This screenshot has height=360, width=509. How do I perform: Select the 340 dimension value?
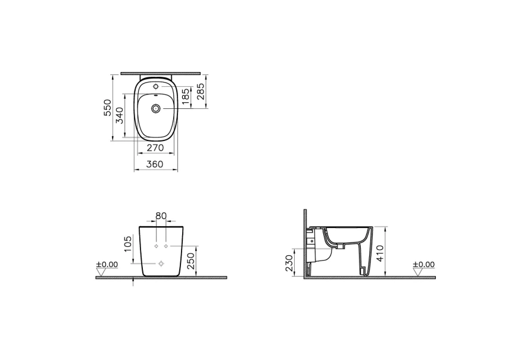[120, 115]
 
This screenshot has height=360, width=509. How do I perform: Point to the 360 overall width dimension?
[155, 165]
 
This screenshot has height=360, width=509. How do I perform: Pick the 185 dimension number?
[186, 96]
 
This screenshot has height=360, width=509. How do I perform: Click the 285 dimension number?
[201, 92]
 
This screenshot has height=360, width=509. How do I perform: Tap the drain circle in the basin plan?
[156, 108]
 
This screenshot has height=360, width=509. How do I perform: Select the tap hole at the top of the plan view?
[156, 87]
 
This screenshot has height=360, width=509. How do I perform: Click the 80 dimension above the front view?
[161, 215]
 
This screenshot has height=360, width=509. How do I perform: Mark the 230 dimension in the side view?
[289, 262]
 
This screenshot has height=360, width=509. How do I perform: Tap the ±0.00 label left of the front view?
[108, 264]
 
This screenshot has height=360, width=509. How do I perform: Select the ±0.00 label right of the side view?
[424, 264]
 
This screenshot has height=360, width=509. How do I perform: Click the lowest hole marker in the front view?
[161, 263]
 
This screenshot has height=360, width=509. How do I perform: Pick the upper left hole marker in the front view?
[155, 245]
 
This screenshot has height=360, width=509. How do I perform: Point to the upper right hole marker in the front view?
[166, 245]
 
